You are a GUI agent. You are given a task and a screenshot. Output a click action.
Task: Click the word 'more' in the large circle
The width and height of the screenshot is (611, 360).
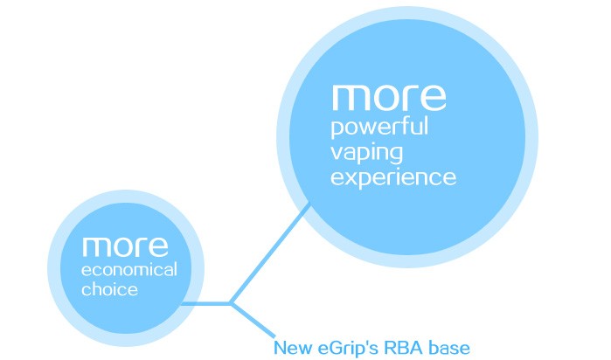389,98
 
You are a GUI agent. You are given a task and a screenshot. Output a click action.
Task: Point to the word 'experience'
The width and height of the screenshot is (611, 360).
393,178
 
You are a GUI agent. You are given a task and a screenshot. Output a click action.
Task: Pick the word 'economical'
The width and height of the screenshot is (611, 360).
129,270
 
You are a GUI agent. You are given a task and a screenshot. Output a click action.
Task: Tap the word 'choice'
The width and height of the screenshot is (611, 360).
109,289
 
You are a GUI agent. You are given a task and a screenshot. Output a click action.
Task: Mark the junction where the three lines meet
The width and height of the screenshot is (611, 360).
230,304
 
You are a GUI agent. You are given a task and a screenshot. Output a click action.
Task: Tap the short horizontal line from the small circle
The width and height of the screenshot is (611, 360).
205,304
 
